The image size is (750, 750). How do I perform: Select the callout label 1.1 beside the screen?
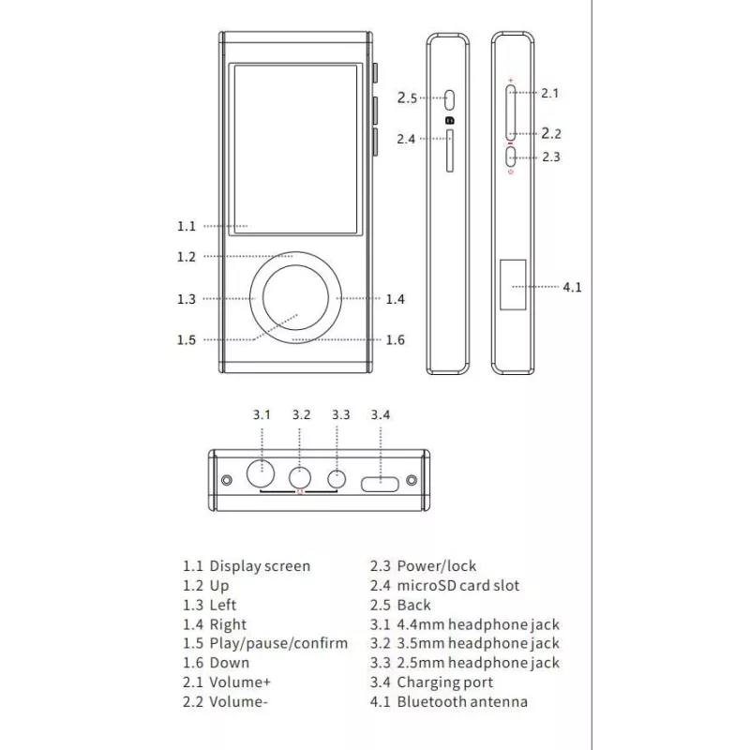pyautogui.click(x=186, y=226)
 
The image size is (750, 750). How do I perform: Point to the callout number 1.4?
pyautogui.click(x=396, y=299)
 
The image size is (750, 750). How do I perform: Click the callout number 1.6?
pyautogui.click(x=396, y=339)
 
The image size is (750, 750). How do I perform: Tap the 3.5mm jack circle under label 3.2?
pyautogui.click(x=301, y=477)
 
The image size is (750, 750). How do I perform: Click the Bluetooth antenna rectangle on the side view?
pyautogui.click(x=513, y=285)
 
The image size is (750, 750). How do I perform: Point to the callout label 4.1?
pyautogui.click(x=572, y=287)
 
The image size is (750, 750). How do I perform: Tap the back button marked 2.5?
pyautogui.click(x=449, y=97)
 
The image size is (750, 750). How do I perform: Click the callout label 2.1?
pyautogui.click(x=550, y=93)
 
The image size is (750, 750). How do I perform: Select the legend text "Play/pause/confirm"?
pyautogui.click(x=278, y=643)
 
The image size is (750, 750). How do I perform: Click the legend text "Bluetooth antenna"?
pyautogui.click(x=462, y=701)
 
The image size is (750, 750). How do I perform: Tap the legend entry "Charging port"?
pyautogui.click(x=444, y=682)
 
